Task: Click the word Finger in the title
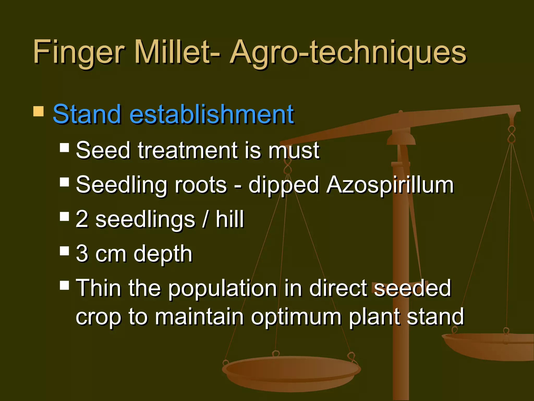click(x=78, y=52)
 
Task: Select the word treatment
click(x=187, y=150)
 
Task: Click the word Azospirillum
click(x=390, y=185)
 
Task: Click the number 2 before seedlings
click(x=82, y=219)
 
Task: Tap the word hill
click(x=230, y=219)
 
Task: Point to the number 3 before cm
click(x=82, y=253)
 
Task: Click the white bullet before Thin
click(x=64, y=285)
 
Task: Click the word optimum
click(x=296, y=317)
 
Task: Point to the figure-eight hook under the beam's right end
click(x=512, y=134)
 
